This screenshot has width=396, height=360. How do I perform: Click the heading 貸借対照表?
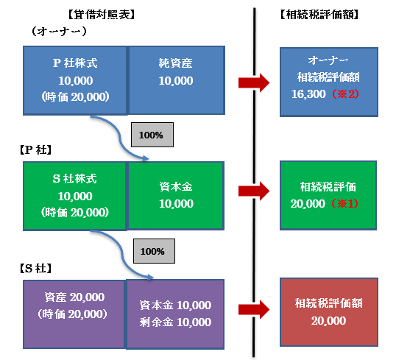[x=102, y=15]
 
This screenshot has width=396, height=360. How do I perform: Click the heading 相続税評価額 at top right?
[x=319, y=15]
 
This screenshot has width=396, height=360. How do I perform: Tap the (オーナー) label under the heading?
[x=59, y=32]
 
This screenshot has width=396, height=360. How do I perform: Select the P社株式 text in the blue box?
[x=75, y=63]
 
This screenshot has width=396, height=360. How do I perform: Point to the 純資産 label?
[x=175, y=63]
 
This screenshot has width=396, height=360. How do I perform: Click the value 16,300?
[x=308, y=94]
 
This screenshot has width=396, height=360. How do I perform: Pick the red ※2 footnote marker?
[x=345, y=94]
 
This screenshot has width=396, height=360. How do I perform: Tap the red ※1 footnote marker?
[x=344, y=204]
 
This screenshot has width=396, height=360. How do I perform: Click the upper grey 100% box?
[x=152, y=135]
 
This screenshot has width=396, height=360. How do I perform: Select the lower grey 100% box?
[x=154, y=251]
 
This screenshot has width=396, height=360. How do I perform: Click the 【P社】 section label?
[x=35, y=150]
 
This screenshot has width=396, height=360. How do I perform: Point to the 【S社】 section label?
[x=35, y=268]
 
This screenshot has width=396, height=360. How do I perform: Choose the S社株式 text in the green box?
[x=75, y=179]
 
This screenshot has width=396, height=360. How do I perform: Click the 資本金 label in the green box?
[x=176, y=187]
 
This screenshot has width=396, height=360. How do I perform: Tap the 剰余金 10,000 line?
[x=175, y=322]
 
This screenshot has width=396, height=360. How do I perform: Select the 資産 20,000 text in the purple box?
[x=74, y=297]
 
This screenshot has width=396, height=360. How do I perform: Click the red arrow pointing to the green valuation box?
[x=254, y=191]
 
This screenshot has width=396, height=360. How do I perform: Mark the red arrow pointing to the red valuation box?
[x=254, y=310]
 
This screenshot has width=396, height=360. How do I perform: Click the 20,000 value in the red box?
[x=328, y=321]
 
